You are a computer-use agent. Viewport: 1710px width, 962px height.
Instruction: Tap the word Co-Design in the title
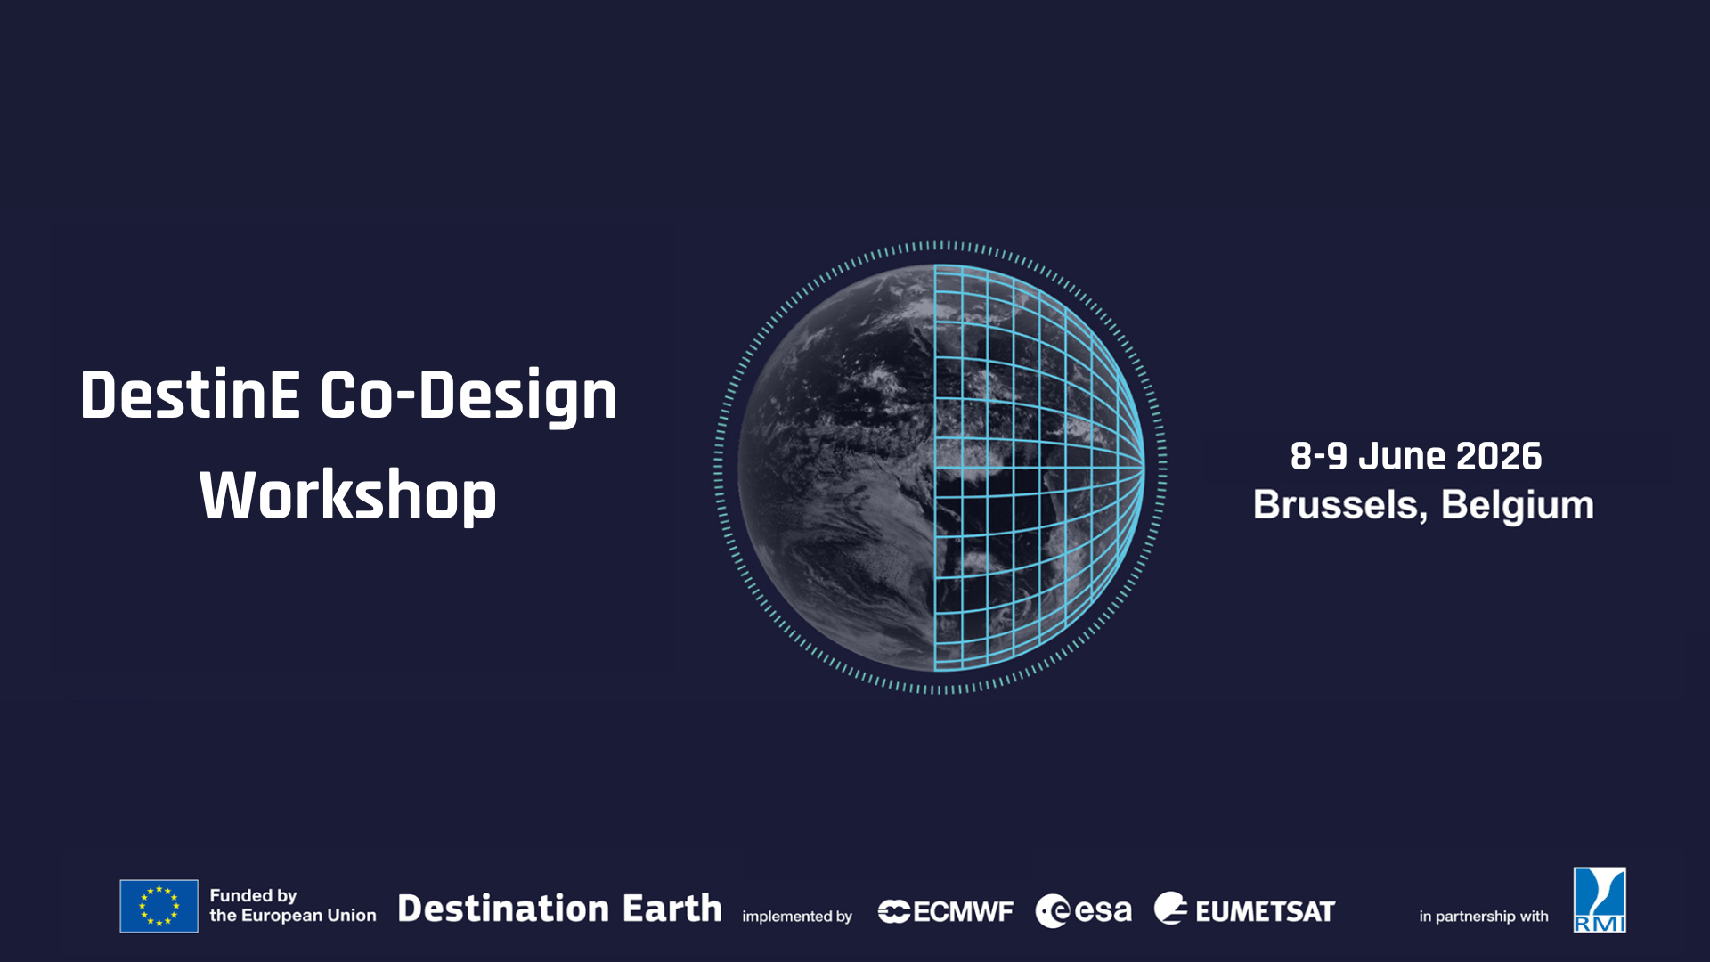click(x=468, y=395)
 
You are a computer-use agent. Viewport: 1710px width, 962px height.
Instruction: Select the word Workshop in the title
click(x=348, y=495)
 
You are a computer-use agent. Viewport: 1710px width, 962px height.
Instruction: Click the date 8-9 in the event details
click(x=1318, y=456)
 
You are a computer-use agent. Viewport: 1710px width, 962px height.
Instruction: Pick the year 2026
click(x=1499, y=456)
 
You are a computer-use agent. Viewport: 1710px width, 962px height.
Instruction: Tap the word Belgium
click(x=1518, y=505)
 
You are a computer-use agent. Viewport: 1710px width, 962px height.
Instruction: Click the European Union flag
click(x=159, y=906)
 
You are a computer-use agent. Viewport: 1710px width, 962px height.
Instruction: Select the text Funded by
click(x=253, y=895)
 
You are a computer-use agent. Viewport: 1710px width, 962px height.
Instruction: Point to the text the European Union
click(x=293, y=916)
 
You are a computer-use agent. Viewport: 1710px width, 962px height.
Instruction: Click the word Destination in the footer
click(x=503, y=909)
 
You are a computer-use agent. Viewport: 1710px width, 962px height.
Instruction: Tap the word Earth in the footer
click(x=672, y=909)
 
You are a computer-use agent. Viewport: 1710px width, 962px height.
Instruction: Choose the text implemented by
click(x=797, y=917)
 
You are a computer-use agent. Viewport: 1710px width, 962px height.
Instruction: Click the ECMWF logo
click(x=946, y=911)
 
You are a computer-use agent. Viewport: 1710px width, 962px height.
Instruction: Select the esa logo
click(x=1083, y=910)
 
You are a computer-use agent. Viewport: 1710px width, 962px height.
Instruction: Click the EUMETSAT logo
click(x=1245, y=909)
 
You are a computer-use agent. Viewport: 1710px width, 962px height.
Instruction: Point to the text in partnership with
click(x=1484, y=917)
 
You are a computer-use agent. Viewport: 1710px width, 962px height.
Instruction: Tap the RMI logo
click(x=1600, y=900)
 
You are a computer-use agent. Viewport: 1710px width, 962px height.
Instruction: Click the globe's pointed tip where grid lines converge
click(x=1144, y=466)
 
